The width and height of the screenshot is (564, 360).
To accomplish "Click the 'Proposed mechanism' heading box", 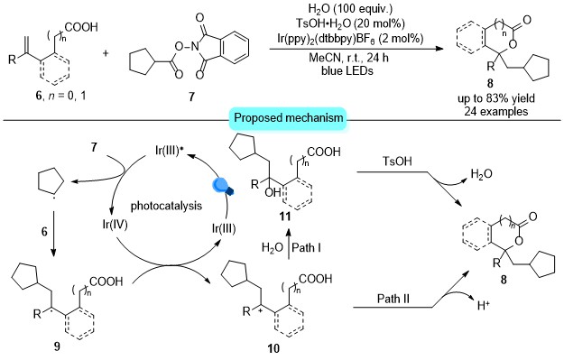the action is pyautogui.click(x=289, y=118).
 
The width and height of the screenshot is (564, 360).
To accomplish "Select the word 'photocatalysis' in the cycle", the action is pyautogui.click(x=166, y=206).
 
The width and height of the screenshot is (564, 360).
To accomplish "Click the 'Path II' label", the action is pyautogui.click(x=393, y=299).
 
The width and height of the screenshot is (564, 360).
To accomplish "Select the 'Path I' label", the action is pyautogui.click(x=306, y=247).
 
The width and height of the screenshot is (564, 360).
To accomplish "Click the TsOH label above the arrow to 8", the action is pyautogui.click(x=397, y=161).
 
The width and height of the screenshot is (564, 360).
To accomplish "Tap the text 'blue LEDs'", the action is pyautogui.click(x=347, y=70).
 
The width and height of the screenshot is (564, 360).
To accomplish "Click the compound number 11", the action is pyautogui.click(x=284, y=217).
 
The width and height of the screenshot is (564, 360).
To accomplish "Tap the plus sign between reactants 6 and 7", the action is pyautogui.click(x=106, y=53).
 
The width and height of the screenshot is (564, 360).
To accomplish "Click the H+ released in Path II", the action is pyautogui.click(x=484, y=306).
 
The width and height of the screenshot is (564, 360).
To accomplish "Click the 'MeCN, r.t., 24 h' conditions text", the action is pyautogui.click(x=348, y=58).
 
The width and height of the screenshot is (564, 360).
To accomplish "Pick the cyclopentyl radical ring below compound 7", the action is pyautogui.click(x=51, y=184).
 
